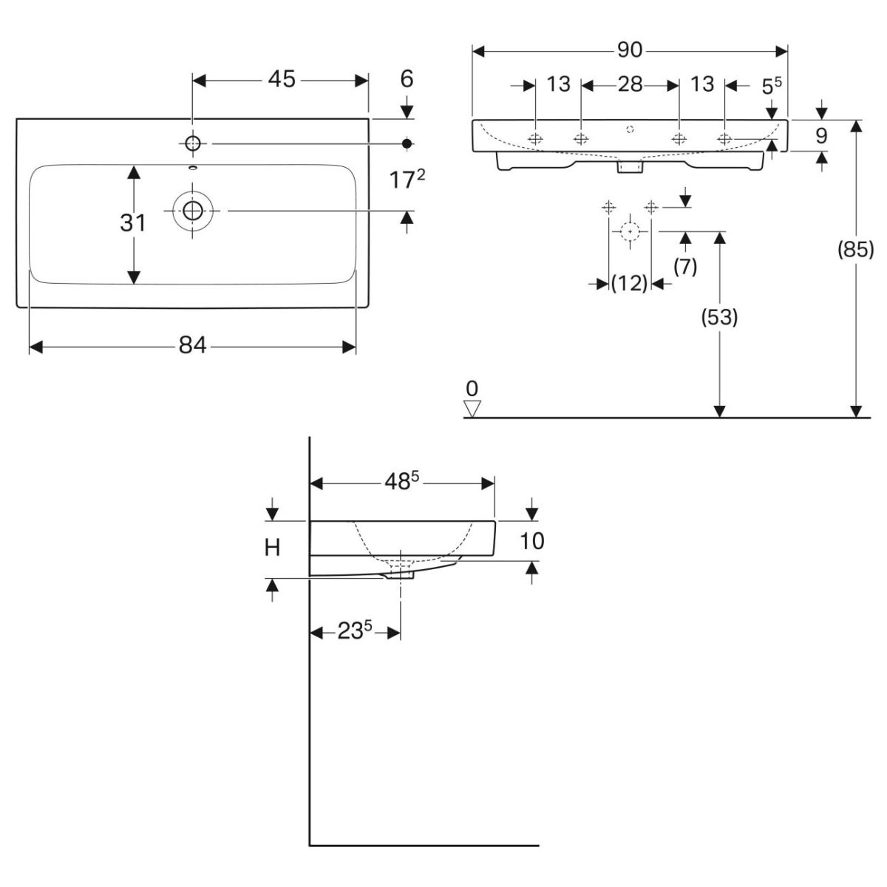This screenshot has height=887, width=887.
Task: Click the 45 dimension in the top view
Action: click(x=282, y=79)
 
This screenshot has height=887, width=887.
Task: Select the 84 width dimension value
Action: click(x=192, y=345)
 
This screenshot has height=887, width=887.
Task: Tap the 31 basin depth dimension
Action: click(x=133, y=222)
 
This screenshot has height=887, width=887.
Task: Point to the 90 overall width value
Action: click(x=630, y=50)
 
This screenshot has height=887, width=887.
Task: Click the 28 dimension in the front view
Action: click(x=630, y=84)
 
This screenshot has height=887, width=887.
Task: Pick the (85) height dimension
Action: click(x=855, y=250)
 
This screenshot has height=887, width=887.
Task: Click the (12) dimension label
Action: click(x=630, y=283)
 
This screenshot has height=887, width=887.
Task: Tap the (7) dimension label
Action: click(x=685, y=266)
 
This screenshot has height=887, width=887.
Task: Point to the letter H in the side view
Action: click(x=273, y=548)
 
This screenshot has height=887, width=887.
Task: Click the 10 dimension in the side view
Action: click(x=532, y=541)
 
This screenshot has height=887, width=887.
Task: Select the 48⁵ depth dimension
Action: click(x=401, y=482)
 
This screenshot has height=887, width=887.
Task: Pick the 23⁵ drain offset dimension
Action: click(x=355, y=632)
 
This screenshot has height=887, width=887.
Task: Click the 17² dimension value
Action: click(x=407, y=179)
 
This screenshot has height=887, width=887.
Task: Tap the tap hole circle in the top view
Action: click(x=193, y=143)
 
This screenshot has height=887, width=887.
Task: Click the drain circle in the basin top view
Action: click(x=193, y=211)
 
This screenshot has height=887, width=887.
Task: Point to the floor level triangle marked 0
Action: click(x=472, y=407)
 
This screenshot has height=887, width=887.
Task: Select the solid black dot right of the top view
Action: click(x=407, y=143)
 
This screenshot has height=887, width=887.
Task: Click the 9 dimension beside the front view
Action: click(x=821, y=135)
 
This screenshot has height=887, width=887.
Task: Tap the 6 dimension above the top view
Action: click(x=407, y=79)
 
